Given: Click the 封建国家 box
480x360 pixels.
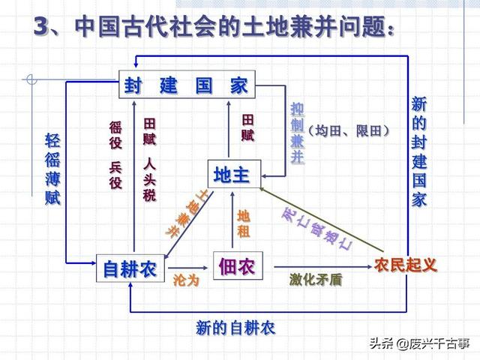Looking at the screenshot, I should coord(186,85).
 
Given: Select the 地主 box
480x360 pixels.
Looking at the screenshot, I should coord(232,175).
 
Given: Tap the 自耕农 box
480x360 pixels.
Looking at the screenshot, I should coord(130,268).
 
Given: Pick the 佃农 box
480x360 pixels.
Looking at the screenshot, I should coord(237,265).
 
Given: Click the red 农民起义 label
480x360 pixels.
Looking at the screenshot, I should coord(405,265).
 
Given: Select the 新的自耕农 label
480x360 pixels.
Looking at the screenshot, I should coord(235,328).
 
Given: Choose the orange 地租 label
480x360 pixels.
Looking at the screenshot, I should coord(243,223).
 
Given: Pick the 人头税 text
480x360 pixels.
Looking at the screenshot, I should coord(149,181).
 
